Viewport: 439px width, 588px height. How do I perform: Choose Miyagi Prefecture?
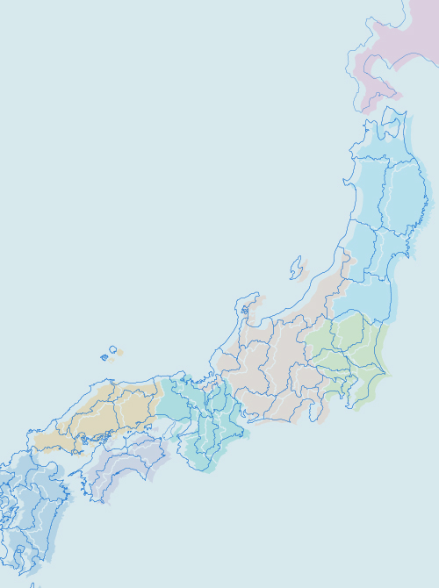tap(393, 255)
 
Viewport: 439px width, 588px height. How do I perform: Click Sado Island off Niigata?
tap(298, 268)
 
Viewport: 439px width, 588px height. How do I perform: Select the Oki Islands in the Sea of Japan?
tap(109, 353)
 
